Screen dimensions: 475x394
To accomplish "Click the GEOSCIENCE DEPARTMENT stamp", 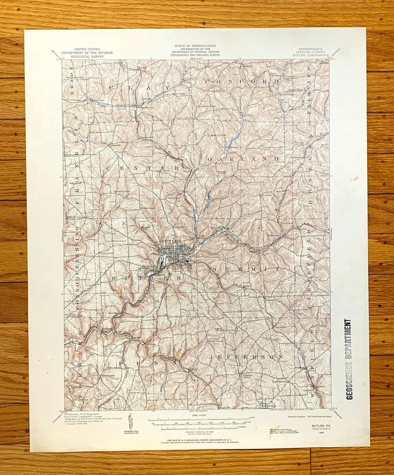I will click(349, 359).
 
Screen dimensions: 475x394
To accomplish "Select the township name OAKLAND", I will click(244, 159).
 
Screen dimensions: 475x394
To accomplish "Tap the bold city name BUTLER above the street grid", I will click(171, 242).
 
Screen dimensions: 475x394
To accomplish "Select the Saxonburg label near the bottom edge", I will click(268, 405).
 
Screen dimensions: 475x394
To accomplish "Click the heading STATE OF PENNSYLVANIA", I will click(195, 46).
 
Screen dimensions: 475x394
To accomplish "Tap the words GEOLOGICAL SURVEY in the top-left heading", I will click(87, 57).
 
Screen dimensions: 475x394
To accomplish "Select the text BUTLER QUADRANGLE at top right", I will click(310, 55).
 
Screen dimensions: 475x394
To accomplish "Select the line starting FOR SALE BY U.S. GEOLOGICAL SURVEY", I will click(197, 440).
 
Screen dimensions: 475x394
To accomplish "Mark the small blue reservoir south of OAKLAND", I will click(209, 201).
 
